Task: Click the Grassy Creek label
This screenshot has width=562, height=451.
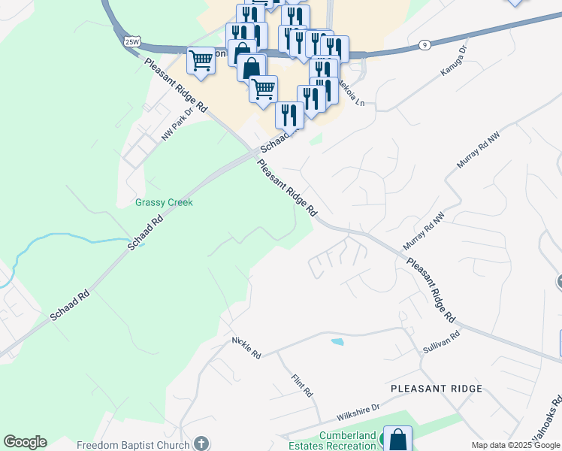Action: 164,202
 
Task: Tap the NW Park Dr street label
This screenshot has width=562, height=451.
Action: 173,122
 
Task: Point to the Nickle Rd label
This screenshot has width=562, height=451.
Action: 246,347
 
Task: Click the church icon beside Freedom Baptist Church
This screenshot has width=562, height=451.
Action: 201,443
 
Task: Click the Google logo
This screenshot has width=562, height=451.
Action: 25,442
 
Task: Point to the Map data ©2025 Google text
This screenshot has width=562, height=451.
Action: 515,445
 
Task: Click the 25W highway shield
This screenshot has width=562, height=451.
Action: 133,41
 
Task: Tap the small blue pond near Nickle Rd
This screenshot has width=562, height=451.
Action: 337,342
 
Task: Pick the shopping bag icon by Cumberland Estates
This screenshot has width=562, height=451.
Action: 397,439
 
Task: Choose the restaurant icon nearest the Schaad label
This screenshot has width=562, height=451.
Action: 289,114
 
